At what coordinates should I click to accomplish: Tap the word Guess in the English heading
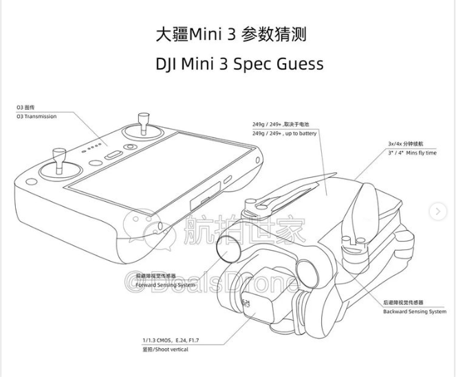(x=297, y=65)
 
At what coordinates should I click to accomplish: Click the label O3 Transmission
(x=37, y=117)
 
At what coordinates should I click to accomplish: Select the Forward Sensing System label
(x=166, y=284)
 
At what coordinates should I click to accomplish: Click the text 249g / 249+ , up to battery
(x=284, y=133)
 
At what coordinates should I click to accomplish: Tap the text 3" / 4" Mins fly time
(x=412, y=152)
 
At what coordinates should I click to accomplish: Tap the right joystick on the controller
(x=144, y=130)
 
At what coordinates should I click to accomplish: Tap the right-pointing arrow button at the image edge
(x=437, y=212)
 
